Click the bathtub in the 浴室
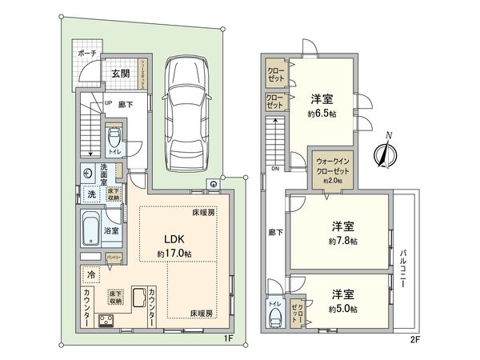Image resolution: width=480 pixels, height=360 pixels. point(92,232)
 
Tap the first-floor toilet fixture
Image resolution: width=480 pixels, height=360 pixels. point(114,138)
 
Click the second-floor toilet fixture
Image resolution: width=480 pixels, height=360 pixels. point(276,318)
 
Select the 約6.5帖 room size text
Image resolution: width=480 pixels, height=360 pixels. point(322,114)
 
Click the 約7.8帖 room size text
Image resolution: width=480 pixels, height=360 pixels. point(342,240)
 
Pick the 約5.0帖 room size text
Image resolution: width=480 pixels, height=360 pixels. point(342,310)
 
